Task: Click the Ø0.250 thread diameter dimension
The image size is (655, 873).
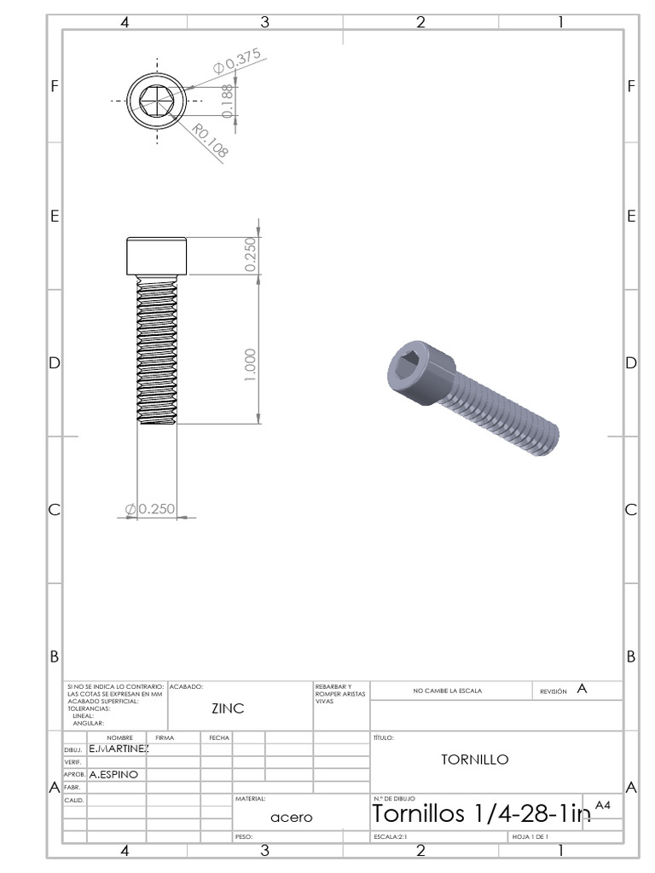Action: tap(151, 509)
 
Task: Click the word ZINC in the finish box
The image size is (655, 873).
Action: tap(228, 708)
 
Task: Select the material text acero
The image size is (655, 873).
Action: tap(292, 817)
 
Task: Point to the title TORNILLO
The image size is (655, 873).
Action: tap(475, 760)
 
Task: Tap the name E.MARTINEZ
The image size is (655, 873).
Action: tap(119, 749)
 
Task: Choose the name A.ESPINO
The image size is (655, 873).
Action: tap(114, 775)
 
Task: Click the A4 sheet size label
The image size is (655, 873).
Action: tap(603, 805)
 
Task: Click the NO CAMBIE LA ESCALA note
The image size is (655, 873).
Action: tap(447, 691)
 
